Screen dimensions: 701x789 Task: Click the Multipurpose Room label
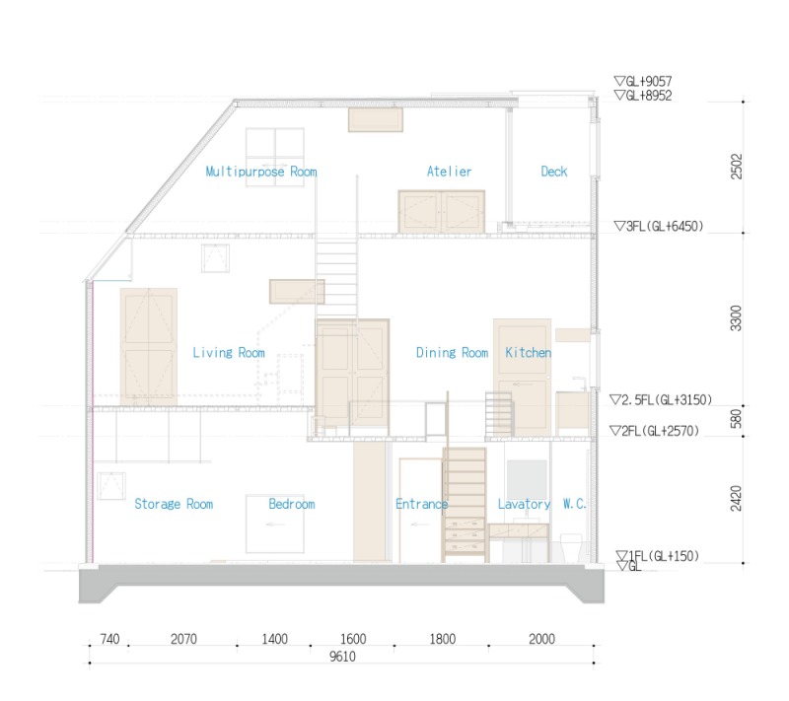pyautogui.click(x=261, y=172)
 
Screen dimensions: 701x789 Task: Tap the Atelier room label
pyautogui.click(x=449, y=172)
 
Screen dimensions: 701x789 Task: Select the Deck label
pyautogui.click(x=554, y=172)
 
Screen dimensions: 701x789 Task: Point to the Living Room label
pyautogui.click(x=229, y=353)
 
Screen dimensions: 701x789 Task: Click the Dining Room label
pyautogui.click(x=452, y=353)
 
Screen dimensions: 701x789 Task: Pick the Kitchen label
pyautogui.click(x=529, y=353)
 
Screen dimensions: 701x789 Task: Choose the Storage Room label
pyautogui.click(x=174, y=504)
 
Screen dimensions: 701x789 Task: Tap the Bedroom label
pyautogui.click(x=292, y=504)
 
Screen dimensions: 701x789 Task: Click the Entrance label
pyautogui.click(x=422, y=504)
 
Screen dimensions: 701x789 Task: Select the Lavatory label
pyautogui.click(x=524, y=504)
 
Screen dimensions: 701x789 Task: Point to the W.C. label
pyautogui.click(x=575, y=504)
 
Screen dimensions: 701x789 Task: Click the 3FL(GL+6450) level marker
pyautogui.click(x=658, y=226)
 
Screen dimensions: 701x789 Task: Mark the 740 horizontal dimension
pyautogui.click(x=109, y=639)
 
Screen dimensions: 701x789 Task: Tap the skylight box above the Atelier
pyautogui.click(x=375, y=119)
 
